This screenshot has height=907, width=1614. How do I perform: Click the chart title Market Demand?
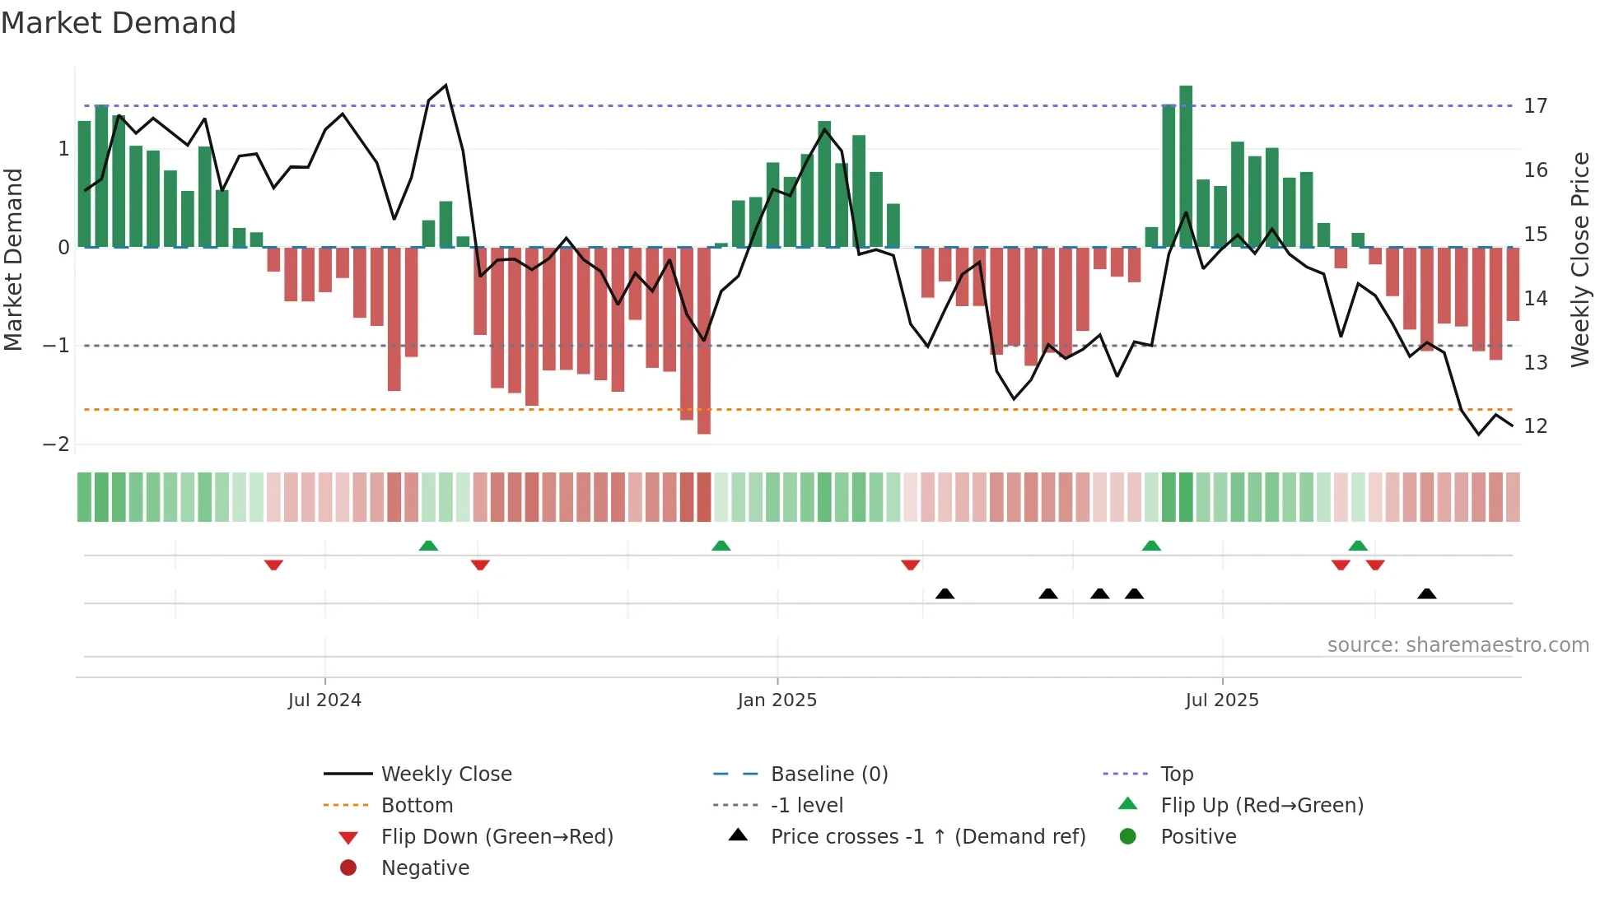click(119, 23)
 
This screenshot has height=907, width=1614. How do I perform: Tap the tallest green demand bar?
click(1186, 165)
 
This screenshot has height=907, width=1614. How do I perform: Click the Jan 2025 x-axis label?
click(777, 700)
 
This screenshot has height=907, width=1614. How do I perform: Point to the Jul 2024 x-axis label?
click(324, 700)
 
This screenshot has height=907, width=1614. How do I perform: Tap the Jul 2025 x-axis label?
click(1222, 700)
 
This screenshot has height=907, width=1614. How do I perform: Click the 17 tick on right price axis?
click(1535, 106)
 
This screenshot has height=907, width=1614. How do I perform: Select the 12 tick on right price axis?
click(1535, 426)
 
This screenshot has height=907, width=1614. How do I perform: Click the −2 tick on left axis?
click(57, 444)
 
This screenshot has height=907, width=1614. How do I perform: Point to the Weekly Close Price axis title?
click(1579, 259)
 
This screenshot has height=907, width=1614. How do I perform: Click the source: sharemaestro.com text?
click(1458, 644)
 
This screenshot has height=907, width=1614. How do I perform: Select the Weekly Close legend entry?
click(445, 774)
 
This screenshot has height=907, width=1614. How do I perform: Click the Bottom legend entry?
click(417, 805)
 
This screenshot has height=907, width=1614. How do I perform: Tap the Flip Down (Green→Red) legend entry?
click(497, 836)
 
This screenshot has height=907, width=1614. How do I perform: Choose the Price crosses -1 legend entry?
click(927, 836)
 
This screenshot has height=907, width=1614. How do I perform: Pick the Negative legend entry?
click(425, 867)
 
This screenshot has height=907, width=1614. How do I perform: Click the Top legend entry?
click(1177, 774)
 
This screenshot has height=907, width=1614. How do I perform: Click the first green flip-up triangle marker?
click(428, 546)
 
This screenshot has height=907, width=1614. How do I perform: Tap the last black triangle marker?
click(1427, 593)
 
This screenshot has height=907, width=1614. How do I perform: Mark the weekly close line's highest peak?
click(445, 86)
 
